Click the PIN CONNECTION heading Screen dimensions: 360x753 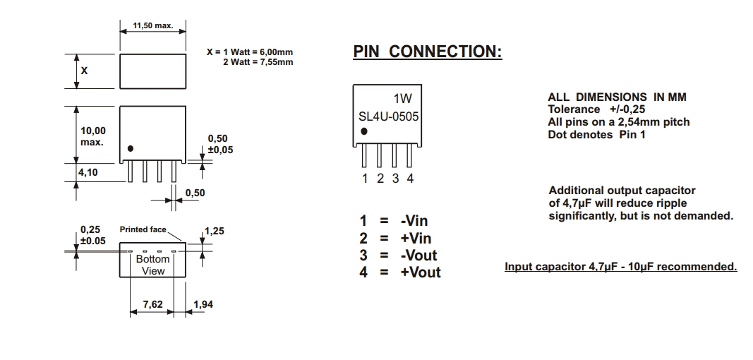pyautogui.click(x=427, y=52)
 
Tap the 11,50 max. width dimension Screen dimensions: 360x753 pyautogui.click(x=153, y=26)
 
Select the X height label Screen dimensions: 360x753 pyautogui.click(x=85, y=71)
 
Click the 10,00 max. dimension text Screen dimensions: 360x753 pyautogui.click(x=92, y=136)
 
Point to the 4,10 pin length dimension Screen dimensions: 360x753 pyautogui.click(x=88, y=172)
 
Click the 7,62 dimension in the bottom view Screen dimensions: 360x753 pyautogui.click(x=152, y=304)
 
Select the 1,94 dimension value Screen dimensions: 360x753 pyautogui.click(x=203, y=304)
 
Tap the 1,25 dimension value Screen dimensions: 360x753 pyautogui.click(x=215, y=231)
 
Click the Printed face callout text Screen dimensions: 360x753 pyautogui.click(x=143, y=229)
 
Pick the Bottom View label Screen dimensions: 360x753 pyautogui.click(x=153, y=265)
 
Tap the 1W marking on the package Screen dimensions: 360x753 pyautogui.click(x=402, y=100)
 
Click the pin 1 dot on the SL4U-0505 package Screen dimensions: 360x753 pyautogui.click(x=364, y=131)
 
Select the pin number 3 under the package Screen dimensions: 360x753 pyautogui.click(x=395, y=179)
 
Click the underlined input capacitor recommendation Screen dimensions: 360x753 pyautogui.click(x=620, y=267)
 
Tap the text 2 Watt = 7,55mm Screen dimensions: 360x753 pyautogui.click(x=258, y=62)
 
